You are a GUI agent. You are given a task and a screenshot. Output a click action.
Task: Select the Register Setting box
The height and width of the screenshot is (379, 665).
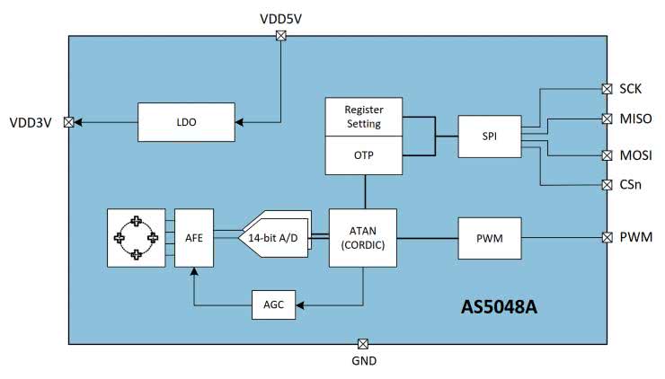[x=364, y=117]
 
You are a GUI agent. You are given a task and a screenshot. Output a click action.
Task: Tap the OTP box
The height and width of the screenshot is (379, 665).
[x=364, y=154]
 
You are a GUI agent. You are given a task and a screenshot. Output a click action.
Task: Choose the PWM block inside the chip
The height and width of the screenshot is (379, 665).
[x=490, y=238]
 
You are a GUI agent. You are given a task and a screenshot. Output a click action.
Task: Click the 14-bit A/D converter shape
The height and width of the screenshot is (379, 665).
[x=273, y=238]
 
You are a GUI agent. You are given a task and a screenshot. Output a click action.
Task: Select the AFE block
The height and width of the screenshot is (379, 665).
[x=191, y=238]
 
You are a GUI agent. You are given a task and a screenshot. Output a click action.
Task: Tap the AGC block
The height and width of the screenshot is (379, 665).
[x=274, y=305]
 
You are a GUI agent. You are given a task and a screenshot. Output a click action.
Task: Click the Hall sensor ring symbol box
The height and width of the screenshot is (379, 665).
[x=136, y=238]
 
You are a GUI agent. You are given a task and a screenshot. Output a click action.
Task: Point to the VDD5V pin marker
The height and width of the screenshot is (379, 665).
[x=280, y=36]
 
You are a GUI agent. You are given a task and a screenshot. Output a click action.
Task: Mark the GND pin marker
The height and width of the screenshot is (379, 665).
[x=363, y=343]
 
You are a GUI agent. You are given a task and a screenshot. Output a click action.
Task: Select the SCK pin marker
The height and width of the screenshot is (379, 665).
[x=607, y=89]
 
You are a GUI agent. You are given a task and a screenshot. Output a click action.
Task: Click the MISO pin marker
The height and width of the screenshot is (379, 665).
[x=607, y=118]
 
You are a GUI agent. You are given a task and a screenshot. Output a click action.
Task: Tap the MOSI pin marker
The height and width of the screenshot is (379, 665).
[x=607, y=155]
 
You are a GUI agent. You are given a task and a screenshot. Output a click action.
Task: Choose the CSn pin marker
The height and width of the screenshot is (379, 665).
[x=607, y=185]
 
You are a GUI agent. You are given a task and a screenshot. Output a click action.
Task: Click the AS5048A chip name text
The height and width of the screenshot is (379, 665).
[x=499, y=308]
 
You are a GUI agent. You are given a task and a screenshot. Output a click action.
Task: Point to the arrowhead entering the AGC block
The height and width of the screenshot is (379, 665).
[x=301, y=305]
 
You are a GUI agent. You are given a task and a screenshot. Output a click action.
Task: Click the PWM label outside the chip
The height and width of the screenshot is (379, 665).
[x=636, y=238]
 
